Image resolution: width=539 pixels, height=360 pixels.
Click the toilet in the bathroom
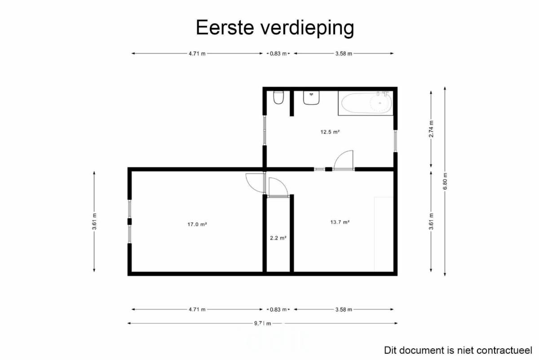278,97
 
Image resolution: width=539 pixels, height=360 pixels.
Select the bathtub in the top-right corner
366,103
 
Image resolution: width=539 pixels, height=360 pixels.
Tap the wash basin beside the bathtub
311,98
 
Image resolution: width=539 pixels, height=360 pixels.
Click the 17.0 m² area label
197,224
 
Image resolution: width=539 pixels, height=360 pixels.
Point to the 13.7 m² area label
340,222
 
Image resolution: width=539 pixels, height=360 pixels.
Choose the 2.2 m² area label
278,238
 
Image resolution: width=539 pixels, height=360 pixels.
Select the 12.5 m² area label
330,132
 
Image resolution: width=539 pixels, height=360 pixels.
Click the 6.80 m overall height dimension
445,181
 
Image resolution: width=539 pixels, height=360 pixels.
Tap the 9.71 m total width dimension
262,324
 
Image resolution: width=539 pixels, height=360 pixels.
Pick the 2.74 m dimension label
431,129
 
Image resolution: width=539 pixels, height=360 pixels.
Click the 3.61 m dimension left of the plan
94,221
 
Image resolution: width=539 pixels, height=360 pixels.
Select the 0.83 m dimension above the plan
278,53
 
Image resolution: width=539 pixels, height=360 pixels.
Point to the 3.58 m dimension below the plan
344,309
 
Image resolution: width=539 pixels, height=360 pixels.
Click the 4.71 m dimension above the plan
197,53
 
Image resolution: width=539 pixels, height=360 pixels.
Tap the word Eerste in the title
225,27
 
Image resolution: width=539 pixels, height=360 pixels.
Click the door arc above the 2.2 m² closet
278,187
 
